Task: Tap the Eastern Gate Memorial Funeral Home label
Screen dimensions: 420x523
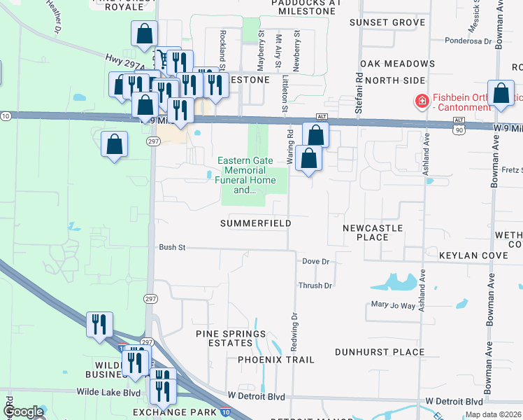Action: [x=245, y=175]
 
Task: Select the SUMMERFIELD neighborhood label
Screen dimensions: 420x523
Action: [x=255, y=223]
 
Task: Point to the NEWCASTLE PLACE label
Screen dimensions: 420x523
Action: [x=373, y=232]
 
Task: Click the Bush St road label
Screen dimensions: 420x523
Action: [x=172, y=247]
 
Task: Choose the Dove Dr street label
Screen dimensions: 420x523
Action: [x=315, y=261]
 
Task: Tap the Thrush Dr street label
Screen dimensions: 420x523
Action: [x=315, y=286]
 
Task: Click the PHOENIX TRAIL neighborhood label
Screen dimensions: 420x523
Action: [x=275, y=360]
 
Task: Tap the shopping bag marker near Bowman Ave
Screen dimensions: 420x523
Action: [x=501, y=94]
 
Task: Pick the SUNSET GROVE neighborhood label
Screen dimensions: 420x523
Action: [x=387, y=22]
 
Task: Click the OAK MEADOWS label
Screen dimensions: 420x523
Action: [x=400, y=64]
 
